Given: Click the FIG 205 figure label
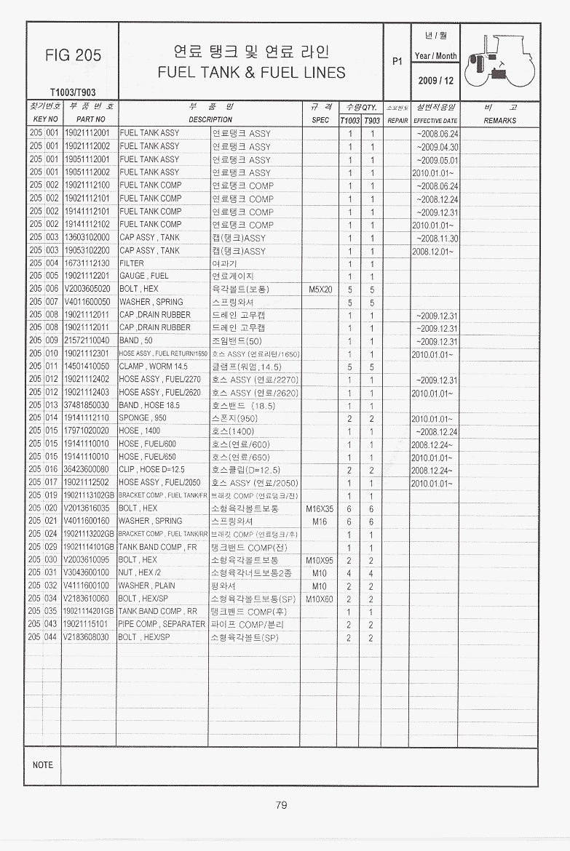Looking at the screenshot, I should (x=73, y=55).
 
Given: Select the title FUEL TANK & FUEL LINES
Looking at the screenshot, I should (x=251, y=73).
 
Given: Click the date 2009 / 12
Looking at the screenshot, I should (x=435, y=81).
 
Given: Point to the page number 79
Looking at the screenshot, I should (x=282, y=804).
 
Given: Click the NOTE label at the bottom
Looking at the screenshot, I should (x=43, y=765).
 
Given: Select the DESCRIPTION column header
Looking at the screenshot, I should (x=210, y=120).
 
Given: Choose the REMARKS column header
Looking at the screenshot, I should (x=499, y=121).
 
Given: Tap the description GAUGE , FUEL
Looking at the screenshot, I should (x=144, y=276).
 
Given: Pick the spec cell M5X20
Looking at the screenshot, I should (x=320, y=289).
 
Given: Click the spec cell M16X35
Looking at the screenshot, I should (x=320, y=508).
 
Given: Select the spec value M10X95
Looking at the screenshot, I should (x=320, y=560).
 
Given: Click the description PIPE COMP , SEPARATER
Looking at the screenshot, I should (x=162, y=624).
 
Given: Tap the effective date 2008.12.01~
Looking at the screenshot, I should (x=432, y=251).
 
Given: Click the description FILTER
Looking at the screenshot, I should (x=132, y=263).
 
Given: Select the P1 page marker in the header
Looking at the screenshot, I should (x=397, y=62).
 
